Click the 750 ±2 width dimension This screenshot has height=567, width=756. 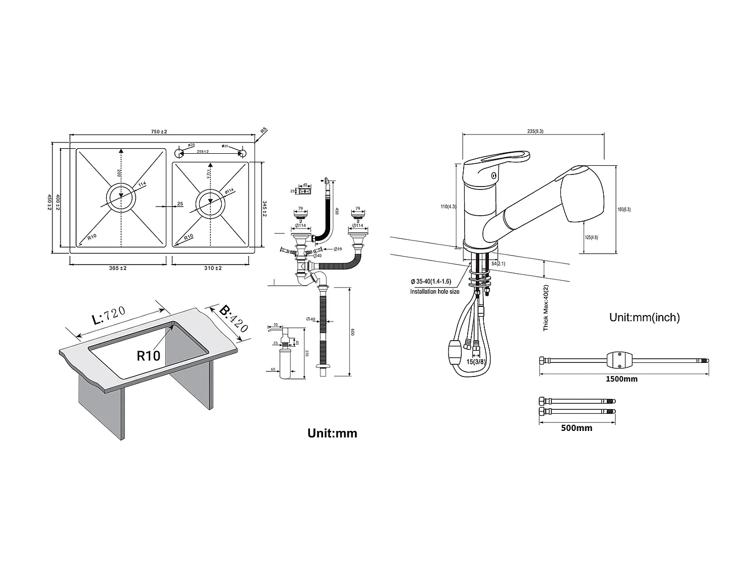coord(159,132)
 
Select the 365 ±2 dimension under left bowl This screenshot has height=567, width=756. coord(117,268)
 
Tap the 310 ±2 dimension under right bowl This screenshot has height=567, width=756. coord(213,268)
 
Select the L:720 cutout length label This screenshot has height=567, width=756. coord(108,316)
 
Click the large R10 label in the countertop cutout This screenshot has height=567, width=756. coord(148,356)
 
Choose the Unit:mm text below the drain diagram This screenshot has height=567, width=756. coord(332,433)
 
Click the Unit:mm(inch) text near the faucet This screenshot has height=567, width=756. coord(644,317)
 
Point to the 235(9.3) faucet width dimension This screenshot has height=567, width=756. coord(535,131)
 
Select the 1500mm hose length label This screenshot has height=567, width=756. coord(621,379)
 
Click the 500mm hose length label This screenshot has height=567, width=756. coord(577,428)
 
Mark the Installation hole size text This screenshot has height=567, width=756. coord(434,292)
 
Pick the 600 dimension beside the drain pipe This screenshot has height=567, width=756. coord(353,332)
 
